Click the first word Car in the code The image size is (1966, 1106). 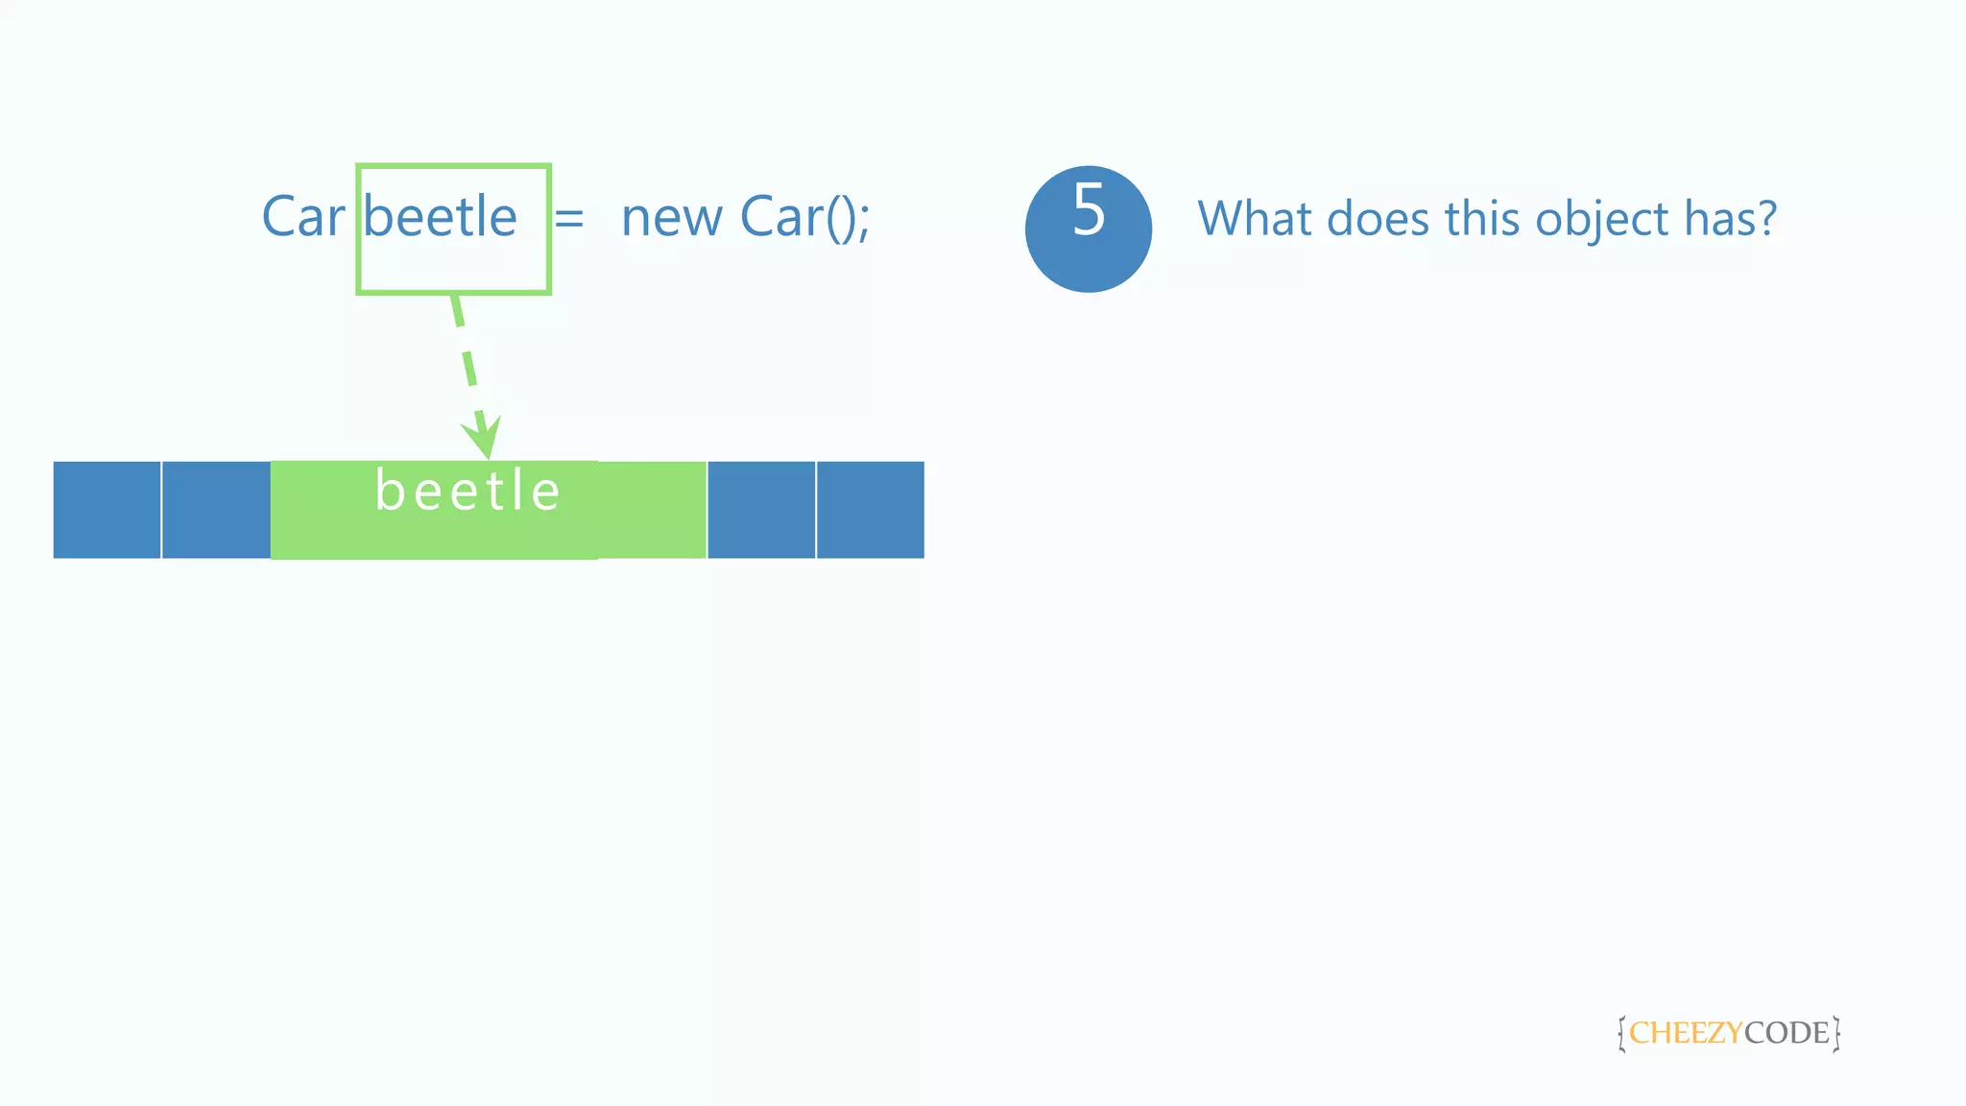pos(302,217)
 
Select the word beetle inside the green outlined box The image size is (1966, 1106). pos(441,217)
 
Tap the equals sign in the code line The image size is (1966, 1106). pos(569,219)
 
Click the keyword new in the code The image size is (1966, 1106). pos(671,219)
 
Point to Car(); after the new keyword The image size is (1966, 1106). pos(804,218)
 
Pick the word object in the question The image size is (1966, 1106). pos(1602,221)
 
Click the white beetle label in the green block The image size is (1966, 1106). pos(468,492)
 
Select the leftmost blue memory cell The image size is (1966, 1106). pos(107,510)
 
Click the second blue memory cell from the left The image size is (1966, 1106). pos(216,510)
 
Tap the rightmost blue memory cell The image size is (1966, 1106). pos(870,510)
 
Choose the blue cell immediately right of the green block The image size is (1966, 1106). pos(761,510)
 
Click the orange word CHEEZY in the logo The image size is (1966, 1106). pos(1685,1033)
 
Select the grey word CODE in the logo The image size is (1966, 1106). pos(1786,1033)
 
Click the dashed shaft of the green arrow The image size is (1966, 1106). pos(467,354)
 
